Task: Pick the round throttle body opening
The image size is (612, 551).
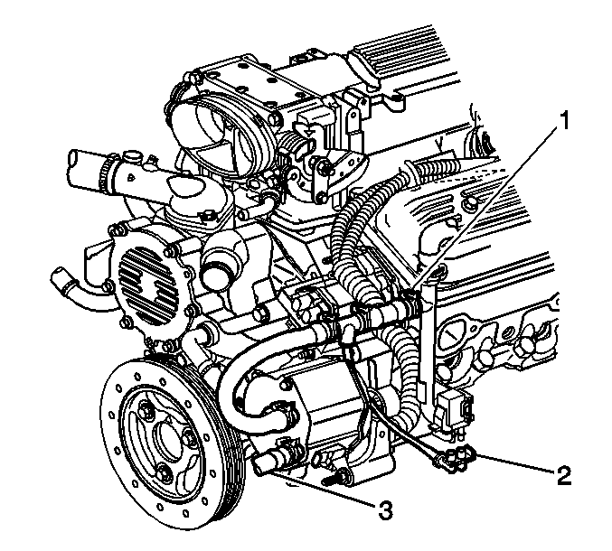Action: (208, 133)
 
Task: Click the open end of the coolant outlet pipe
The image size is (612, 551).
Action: (75, 163)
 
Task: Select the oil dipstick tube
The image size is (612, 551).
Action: (429, 340)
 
